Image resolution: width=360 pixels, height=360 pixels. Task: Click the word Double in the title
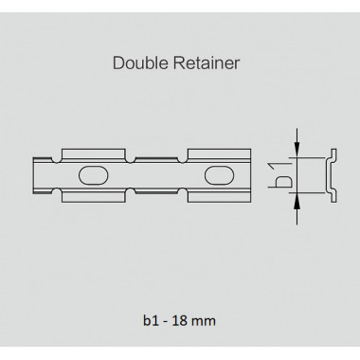point(141,63)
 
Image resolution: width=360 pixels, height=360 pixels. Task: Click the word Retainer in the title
point(207,63)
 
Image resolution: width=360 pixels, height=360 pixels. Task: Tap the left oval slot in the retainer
point(94,175)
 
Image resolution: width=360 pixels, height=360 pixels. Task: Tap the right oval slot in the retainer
point(220,175)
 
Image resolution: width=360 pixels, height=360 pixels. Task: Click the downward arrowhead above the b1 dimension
point(297,149)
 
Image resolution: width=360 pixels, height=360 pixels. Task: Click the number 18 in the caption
point(181,321)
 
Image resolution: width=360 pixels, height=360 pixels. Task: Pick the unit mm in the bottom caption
point(204,322)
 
